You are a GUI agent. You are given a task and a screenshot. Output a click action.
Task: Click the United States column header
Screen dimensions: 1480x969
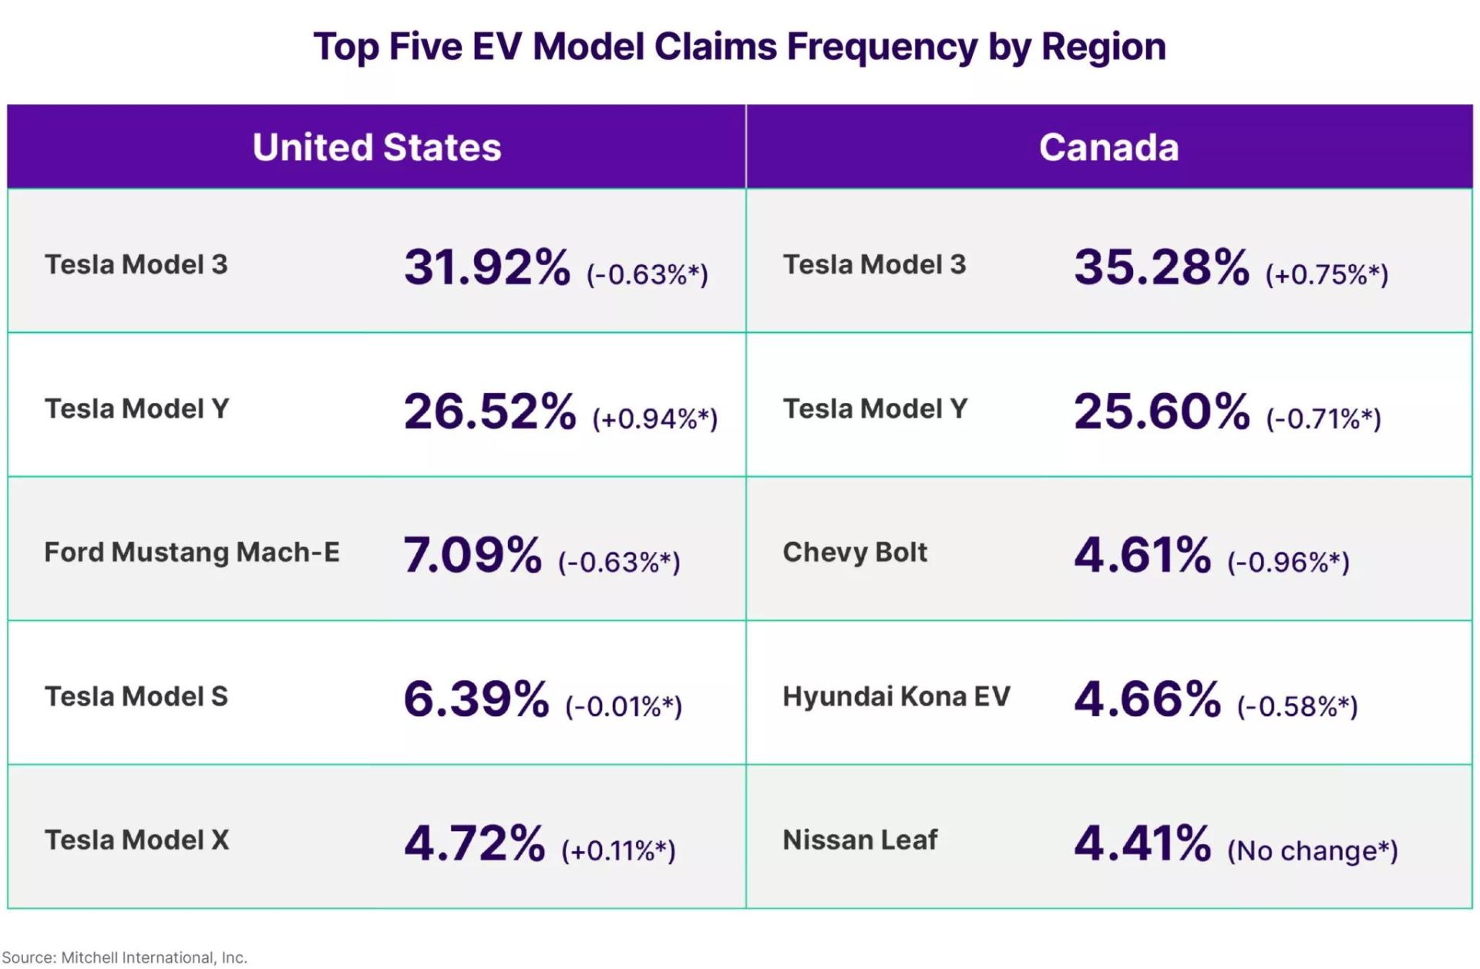pyautogui.click(x=377, y=147)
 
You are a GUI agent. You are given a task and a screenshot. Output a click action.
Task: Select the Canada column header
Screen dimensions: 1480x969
pyautogui.click(x=1109, y=147)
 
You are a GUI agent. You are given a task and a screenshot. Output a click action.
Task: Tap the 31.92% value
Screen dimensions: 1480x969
pyautogui.click(x=487, y=267)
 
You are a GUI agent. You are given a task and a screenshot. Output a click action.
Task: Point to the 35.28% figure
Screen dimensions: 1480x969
pyautogui.click(x=1162, y=267)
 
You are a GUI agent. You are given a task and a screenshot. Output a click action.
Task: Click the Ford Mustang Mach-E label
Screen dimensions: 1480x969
pyautogui.click(x=192, y=552)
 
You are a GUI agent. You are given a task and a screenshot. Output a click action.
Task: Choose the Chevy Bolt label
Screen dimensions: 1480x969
pyautogui.click(x=855, y=552)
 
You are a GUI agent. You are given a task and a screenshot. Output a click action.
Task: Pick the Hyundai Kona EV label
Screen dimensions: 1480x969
pyautogui.click(x=896, y=696)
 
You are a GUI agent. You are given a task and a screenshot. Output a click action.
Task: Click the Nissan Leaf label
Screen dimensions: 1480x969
pyautogui.click(x=860, y=839)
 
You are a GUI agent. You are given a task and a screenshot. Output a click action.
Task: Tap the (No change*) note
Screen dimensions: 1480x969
pyautogui.click(x=1313, y=850)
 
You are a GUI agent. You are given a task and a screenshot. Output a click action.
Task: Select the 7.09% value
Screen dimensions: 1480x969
pyautogui.click(x=473, y=555)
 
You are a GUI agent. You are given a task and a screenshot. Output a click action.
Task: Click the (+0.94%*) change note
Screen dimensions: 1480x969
pyautogui.click(x=655, y=419)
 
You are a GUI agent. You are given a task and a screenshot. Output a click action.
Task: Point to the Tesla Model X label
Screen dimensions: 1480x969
pyautogui.click(x=137, y=839)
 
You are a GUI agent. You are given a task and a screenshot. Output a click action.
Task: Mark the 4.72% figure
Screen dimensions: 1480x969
pyautogui.click(x=475, y=843)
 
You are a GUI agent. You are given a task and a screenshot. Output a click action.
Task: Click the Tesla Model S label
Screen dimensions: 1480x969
pyautogui.click(x=136, y=696)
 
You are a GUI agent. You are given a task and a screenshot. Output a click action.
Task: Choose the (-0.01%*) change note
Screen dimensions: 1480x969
pyautogui.click(x=624, y=706)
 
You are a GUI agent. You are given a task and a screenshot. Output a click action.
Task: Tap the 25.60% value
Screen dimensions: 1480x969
pyautogui.click(x=1162, y=411)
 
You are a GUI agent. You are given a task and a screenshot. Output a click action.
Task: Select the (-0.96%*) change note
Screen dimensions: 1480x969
pyautogui.click(x=1288, y=562)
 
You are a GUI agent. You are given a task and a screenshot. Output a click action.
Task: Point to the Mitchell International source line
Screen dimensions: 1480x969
pyautogui.click(x=124, y=957)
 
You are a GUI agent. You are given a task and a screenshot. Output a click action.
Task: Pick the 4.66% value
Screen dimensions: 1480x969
pyautogui.click(x=1148, y=698)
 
